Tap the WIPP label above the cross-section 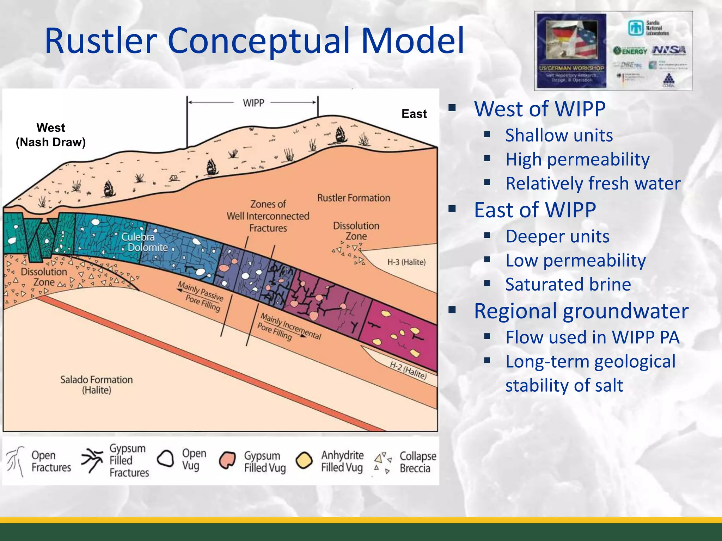[x=253, y=103]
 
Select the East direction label [x=414, y=114]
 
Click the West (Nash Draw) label [x=51, y=135]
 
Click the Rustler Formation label [x=353, y=198]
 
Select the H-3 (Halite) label [x=406, y=262]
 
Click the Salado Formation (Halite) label [x=96, y=385]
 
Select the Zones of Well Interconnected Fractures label [x=268, y=216]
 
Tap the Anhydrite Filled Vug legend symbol [x=304, y=460]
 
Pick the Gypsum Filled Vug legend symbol [x=227, y=460]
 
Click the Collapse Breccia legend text [x=417, y=462]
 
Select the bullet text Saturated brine [x=568, y=284]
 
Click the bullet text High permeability [x=577, y=159]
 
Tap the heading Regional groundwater [x=581, y=311]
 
